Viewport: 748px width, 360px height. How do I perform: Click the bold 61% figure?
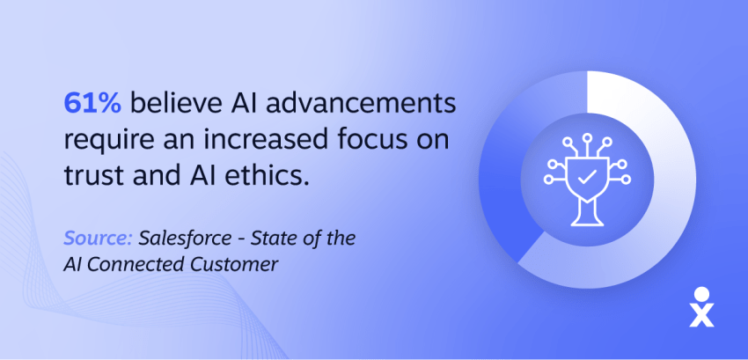click(x=94, y=104)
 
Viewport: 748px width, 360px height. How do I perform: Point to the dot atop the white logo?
click(x=701, y=293)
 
